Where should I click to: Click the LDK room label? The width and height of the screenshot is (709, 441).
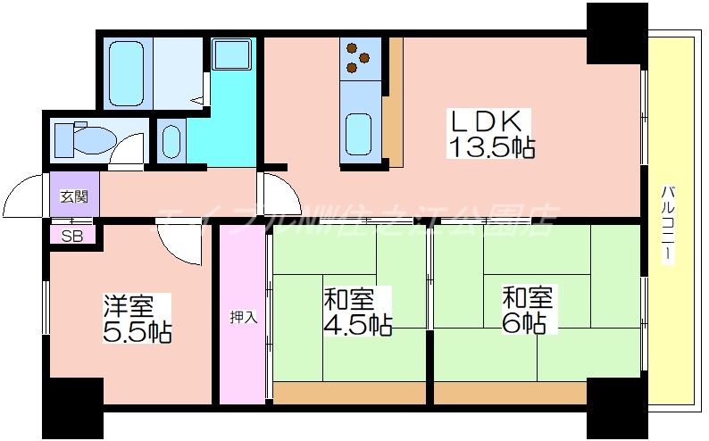[489, 121]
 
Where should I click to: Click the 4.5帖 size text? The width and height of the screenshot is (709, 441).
[357, 324]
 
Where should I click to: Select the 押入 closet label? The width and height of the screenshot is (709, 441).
[243, 318]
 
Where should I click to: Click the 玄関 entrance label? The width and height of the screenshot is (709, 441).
[73, 196]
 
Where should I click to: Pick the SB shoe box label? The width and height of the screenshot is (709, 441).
[71, 237]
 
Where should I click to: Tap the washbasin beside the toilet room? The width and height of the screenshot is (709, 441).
[171, 141]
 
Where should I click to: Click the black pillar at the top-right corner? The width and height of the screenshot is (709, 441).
[616, 32]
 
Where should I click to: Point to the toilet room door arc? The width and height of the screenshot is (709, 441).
[128, 150]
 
